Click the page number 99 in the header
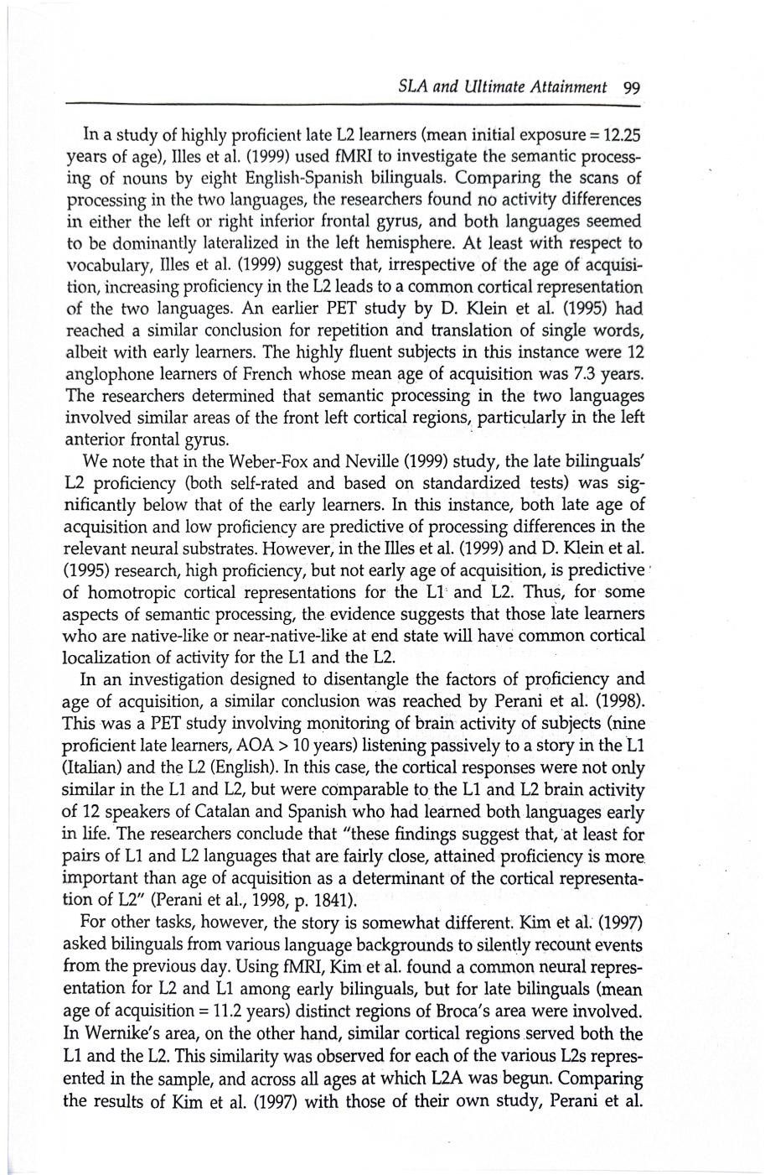(632, 86)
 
